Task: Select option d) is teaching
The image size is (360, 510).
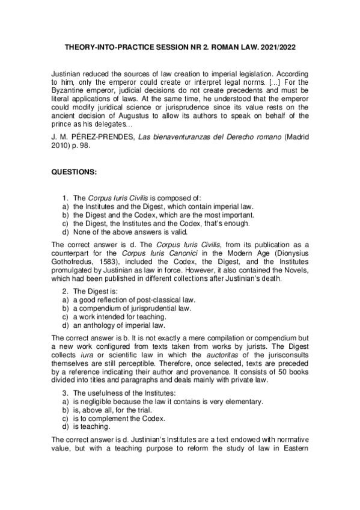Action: pos(83,427)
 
